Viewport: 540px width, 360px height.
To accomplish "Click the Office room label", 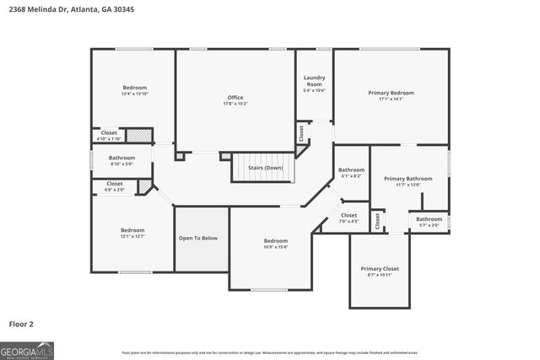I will pos(235,97).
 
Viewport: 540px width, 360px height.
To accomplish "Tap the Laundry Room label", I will pos(314,81).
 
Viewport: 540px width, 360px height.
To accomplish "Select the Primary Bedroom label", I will pos(391,93).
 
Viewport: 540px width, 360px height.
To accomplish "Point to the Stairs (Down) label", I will pos(265,168).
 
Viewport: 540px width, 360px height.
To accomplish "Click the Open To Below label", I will pos(197,238).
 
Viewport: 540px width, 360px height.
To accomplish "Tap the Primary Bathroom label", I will pos(408,179).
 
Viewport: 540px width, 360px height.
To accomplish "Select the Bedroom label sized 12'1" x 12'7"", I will pos(132,230).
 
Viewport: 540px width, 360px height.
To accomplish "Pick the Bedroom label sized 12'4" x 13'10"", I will pos(135,88).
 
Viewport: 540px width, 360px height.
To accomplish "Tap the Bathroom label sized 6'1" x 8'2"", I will pos(351,170).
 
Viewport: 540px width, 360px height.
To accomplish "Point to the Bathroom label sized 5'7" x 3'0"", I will pos(429,219).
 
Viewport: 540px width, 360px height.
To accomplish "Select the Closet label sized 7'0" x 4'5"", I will pos(348,216).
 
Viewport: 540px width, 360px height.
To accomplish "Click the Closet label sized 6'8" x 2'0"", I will pos(115,183).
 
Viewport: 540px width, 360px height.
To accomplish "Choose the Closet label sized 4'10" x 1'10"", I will pos(109,132).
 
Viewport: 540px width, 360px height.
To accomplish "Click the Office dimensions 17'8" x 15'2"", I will pos(235,104).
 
